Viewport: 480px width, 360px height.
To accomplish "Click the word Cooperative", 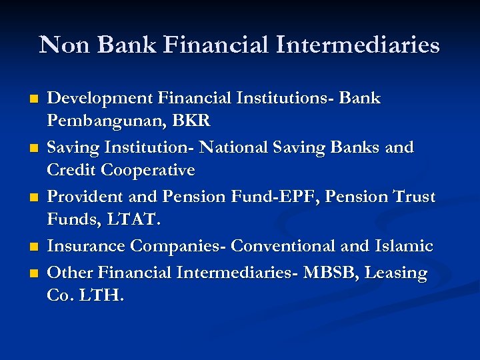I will point(148,171).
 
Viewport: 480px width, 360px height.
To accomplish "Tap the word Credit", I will point(71,171).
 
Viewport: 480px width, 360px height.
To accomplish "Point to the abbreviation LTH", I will point(101,295).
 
